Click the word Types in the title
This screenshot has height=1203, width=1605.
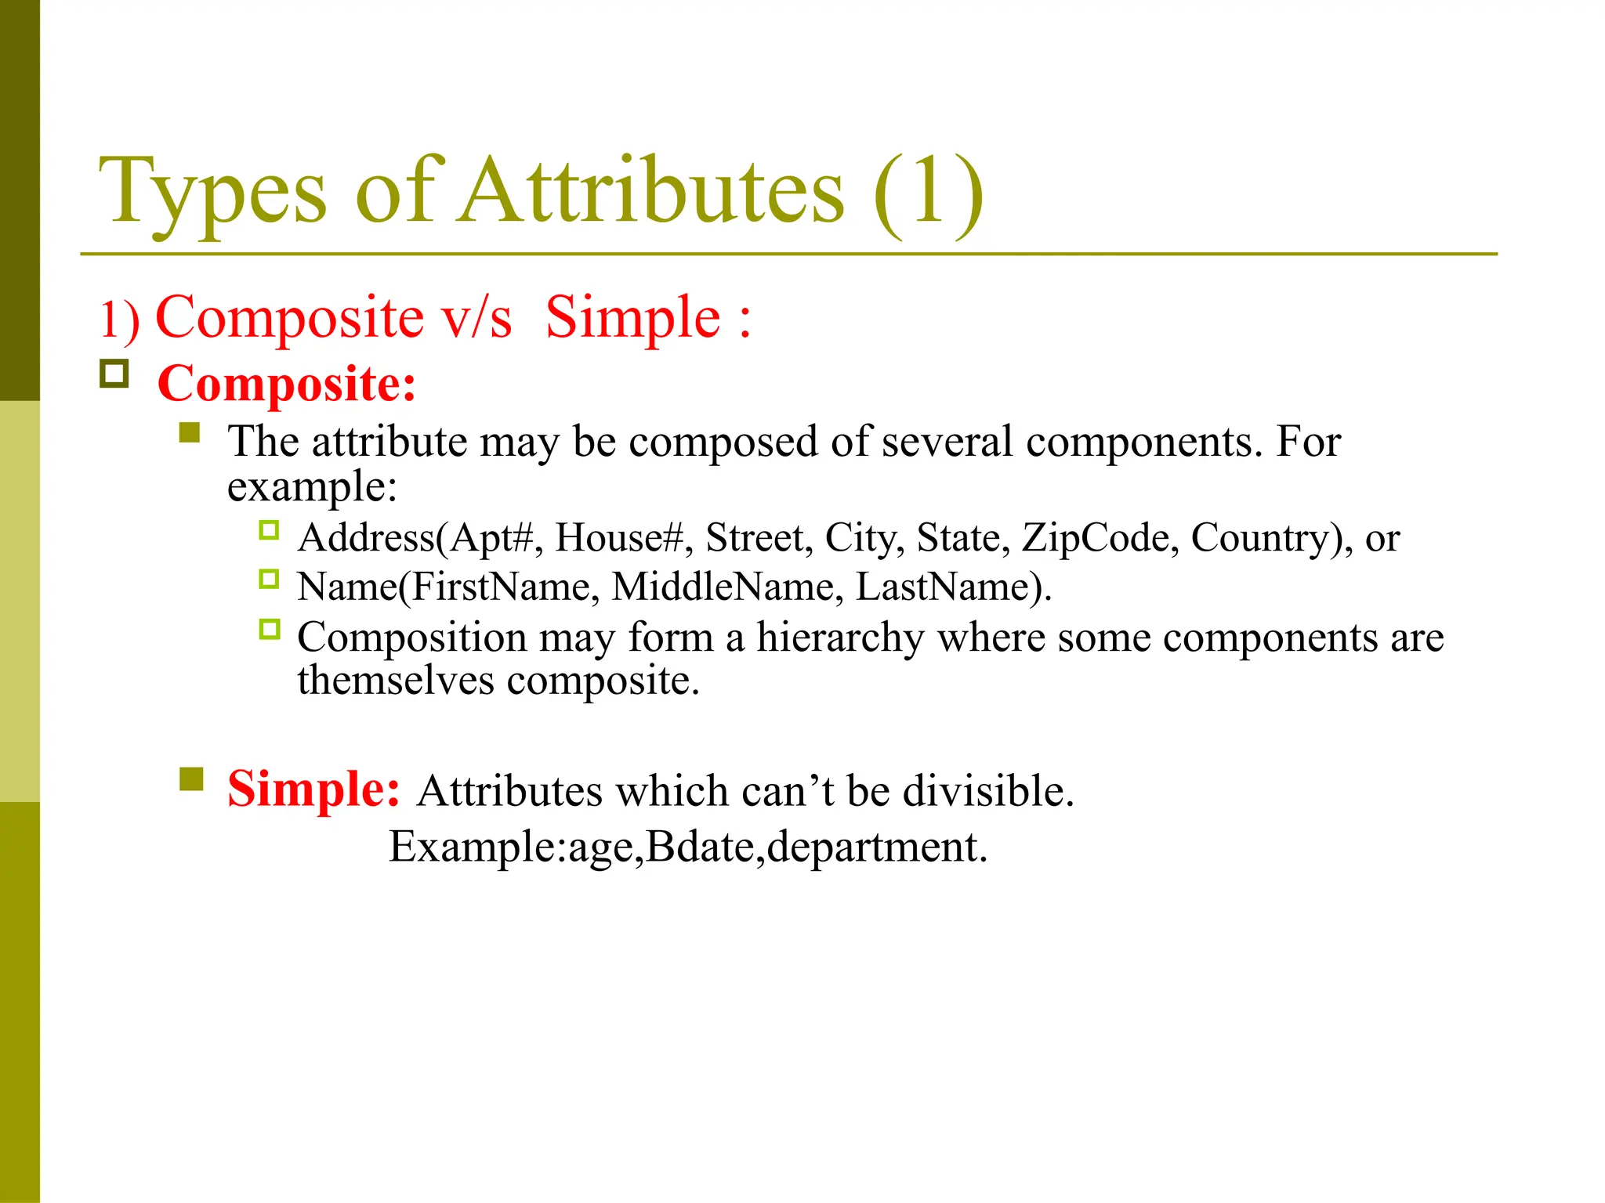pos(212,192)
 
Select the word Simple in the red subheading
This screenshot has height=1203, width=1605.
pos(632,318)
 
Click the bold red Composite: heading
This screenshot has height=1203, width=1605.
pos(287,384)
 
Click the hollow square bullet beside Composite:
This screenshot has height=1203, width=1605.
pos(114,374)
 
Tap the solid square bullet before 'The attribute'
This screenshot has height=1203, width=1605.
pos(190,432)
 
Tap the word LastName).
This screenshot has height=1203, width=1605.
pos(953,587)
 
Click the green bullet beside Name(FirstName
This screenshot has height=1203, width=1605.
pos(269,580)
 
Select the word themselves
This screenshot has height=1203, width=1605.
pos(396,680)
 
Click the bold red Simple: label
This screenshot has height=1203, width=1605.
pos(313,789)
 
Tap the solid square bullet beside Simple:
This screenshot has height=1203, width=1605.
pos(191,779)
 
